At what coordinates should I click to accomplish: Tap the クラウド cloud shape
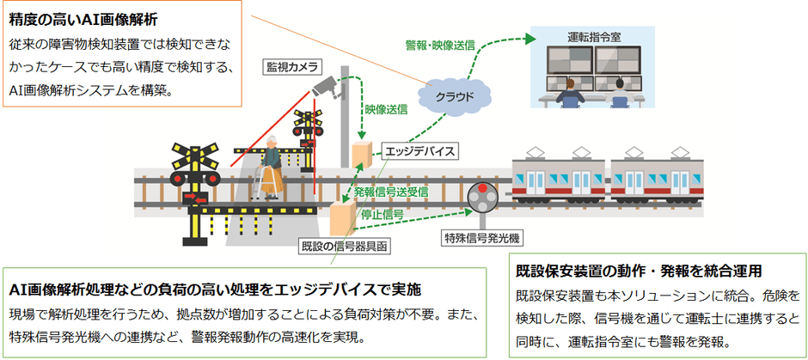(454, 95)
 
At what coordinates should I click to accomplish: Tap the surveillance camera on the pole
(327, 86)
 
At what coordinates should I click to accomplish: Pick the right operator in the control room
(621, 94)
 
